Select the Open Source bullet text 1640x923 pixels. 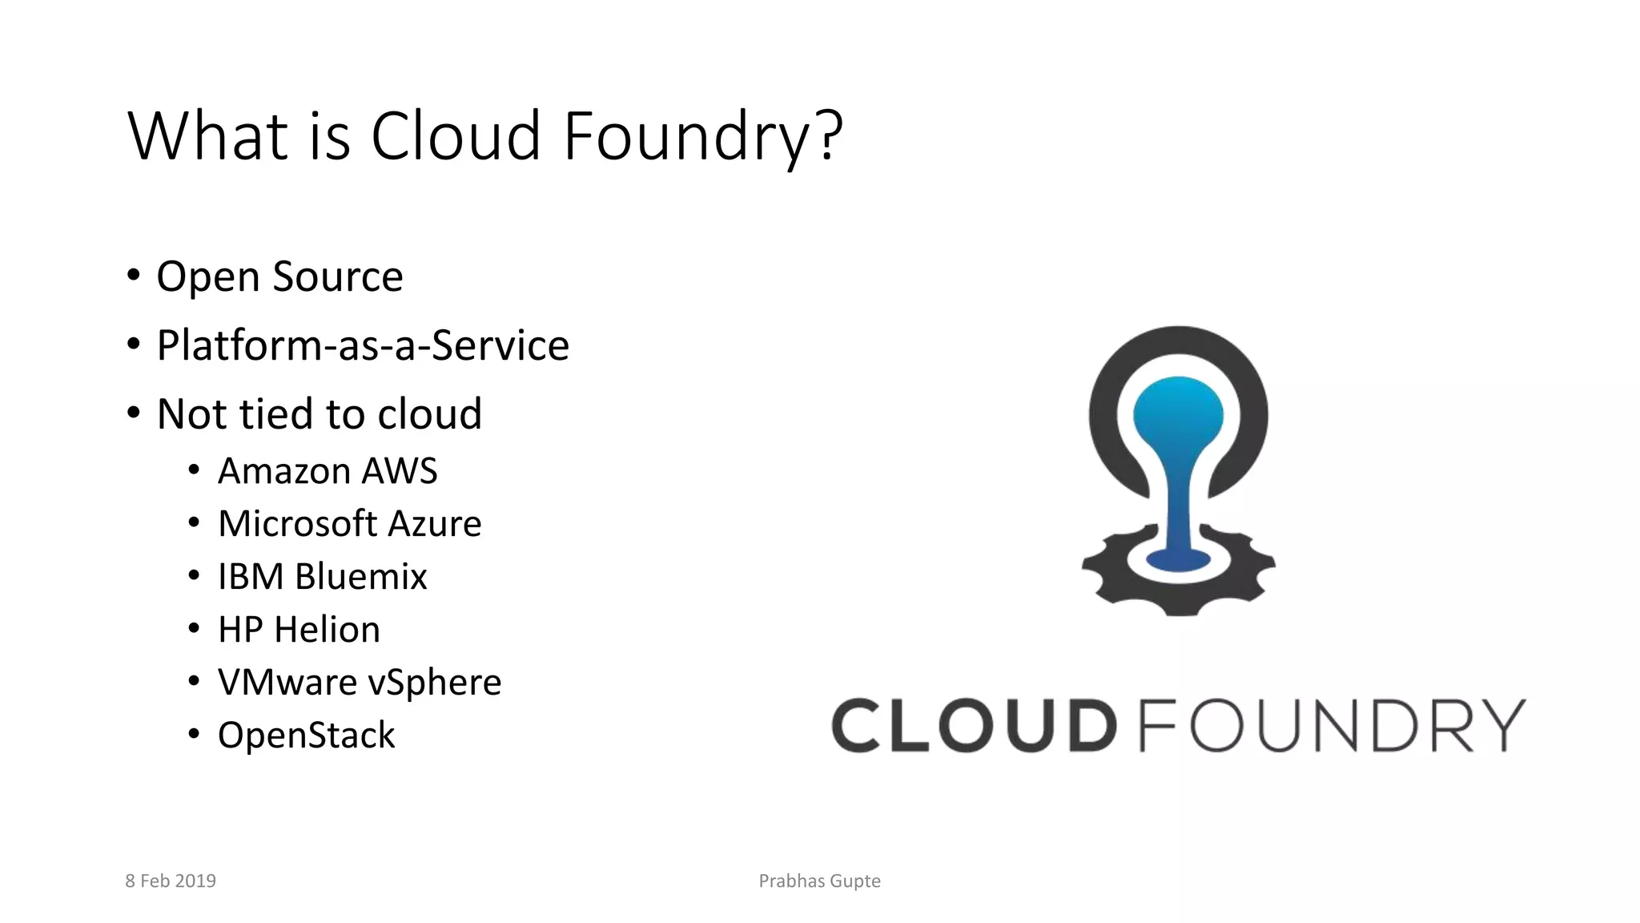(x=279, y=277)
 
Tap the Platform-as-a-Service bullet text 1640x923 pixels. (x=363, y=346)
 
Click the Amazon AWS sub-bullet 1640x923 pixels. (x=328, y=471)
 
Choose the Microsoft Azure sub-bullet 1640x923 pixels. (x=349, y=524)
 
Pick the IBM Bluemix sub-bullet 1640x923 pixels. (x=322, y=577)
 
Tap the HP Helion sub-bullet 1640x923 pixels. (x=299, y=630)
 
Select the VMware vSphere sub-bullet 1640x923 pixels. (x=360, y=683)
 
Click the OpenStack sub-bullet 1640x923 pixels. (x=306, y=736)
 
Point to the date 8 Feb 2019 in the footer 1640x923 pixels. (x=171, y=881)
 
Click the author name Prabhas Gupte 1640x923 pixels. (x=819, y=881)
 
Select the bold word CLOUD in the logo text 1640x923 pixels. (x=974, y=726)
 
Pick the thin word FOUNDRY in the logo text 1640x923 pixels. (x=1331, y=726)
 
